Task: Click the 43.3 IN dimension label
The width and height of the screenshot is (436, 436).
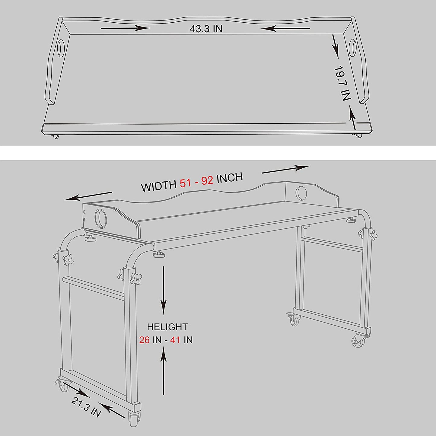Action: coord(206,29)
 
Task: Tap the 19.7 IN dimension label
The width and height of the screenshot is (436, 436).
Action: coord(342,83)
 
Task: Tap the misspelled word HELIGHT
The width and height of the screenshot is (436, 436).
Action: coord(167,327)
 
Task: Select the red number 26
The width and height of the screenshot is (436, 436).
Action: coord(144,340)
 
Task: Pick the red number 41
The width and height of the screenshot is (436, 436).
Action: coord(175,340)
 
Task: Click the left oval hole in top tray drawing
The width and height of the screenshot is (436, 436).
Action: coord(61,47)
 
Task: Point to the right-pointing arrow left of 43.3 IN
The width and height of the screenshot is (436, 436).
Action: coord(125,28)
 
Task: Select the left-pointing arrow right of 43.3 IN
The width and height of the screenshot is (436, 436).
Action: coord(285,28)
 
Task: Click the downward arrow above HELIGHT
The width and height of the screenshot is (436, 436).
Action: coord(164,290)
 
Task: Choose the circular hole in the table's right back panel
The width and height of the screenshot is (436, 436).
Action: coord(301,193)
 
